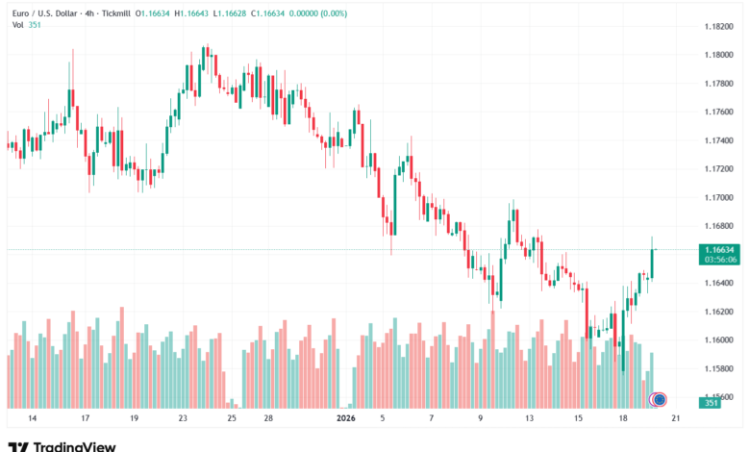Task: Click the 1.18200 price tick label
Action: pos(717,26)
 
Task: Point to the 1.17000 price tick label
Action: pos(717,197)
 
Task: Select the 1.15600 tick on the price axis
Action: pos(717,396)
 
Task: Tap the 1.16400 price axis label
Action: pos(717,283)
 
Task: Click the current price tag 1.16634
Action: pos(717,250)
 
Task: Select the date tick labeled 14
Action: pos(32,419)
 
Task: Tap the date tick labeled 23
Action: pos(183,419)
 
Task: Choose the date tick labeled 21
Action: pos(676,419)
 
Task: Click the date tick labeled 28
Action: pos(268,419)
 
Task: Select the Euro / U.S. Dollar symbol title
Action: pos(43,12)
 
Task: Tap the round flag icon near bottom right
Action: pos(660,398)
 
